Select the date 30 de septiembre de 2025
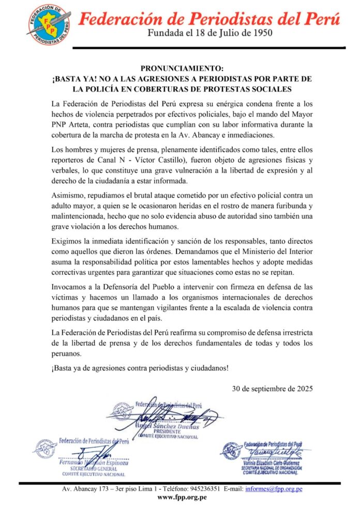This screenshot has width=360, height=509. point(272,388)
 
